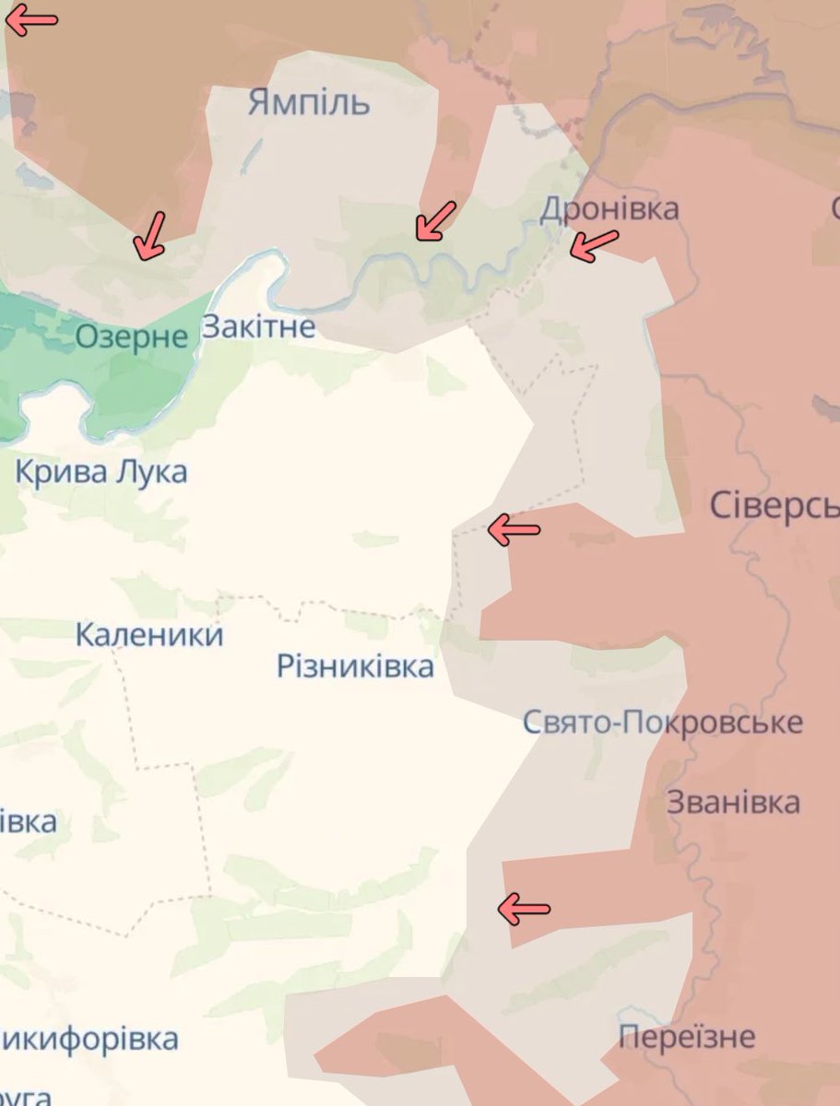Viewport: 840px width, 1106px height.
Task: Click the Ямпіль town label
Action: tap(308, 102)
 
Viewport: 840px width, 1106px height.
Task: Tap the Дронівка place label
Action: tap(609, 209)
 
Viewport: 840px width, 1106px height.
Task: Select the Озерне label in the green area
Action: tap(131, 335)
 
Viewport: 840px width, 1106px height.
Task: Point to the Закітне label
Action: tap(258, 326)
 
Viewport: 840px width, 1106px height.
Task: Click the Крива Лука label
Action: tap(101, 472)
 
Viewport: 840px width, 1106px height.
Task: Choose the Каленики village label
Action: tap(149, 634)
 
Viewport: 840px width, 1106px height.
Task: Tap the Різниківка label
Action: tap(355, 665)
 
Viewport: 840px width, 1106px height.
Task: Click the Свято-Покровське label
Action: tap(662, 722)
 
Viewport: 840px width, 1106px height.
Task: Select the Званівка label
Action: tap(733, 802)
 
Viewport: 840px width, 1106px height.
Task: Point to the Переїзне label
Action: tap(687, 1037)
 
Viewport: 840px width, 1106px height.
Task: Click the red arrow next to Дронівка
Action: tap(593, 244)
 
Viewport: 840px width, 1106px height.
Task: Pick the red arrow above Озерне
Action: tap(149, 235)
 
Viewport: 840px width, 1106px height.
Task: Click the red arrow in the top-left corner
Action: tap(30, 20)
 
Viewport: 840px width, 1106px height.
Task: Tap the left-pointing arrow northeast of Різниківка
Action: tap(513, 529)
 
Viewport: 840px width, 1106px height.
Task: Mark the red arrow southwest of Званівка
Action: tap(523, 909)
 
